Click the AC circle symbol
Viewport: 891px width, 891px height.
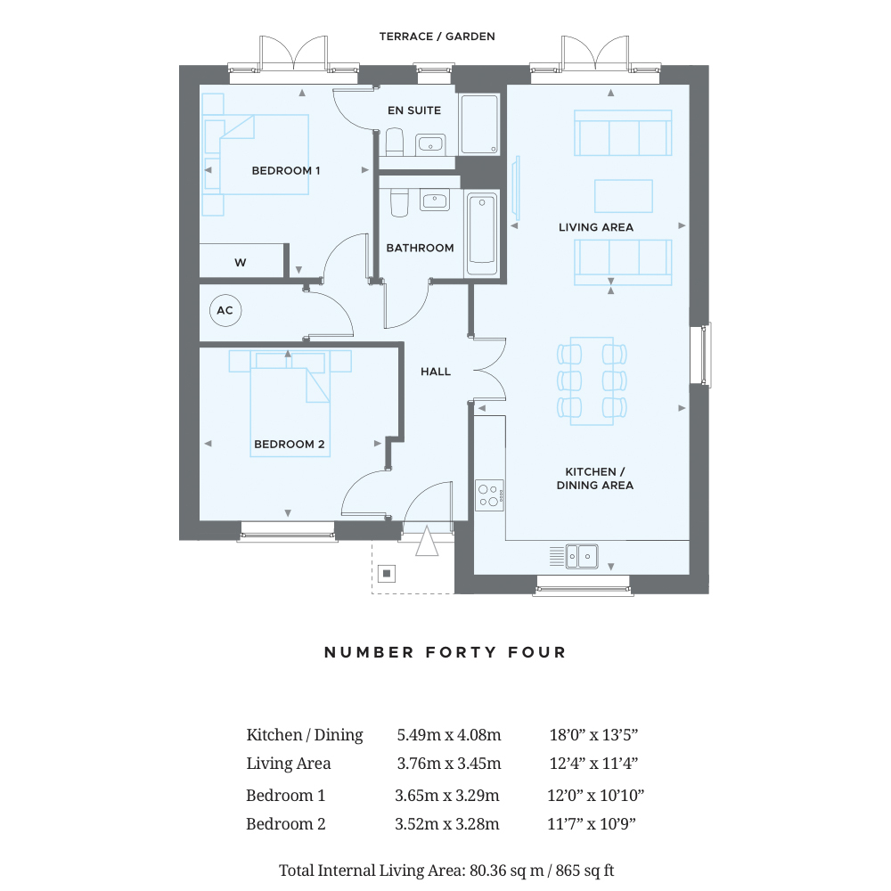(x=225, y=310)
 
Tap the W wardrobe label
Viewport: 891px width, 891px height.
(x=241, y=263)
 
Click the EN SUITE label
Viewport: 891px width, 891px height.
(x=414, y=110)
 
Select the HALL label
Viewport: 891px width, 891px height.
(x=436, y=372)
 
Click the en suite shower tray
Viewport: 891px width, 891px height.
(x=480, y=125)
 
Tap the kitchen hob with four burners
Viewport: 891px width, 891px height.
(x=489, y=495)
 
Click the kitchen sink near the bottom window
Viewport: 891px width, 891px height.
(x=581, y=556)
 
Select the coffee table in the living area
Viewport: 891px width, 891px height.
(x=624, y=196)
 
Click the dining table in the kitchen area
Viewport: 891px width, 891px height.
(x=592, y=380)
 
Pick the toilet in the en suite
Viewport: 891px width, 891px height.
(x=395, y=142)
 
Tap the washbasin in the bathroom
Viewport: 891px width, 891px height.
(x=435, y=200)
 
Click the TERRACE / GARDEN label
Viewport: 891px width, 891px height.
(x=437, y=37)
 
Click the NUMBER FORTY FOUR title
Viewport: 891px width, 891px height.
(x=445, y=652)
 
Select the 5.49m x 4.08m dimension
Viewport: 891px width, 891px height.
(x=449, y=735)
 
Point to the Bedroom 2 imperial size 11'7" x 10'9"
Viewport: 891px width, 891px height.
(x=592, y=824)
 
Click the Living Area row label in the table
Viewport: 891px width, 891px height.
(x=289, y=764)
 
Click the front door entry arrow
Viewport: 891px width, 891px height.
(x=427, y=541)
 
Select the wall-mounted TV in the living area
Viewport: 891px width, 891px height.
(x=515, y=187)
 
